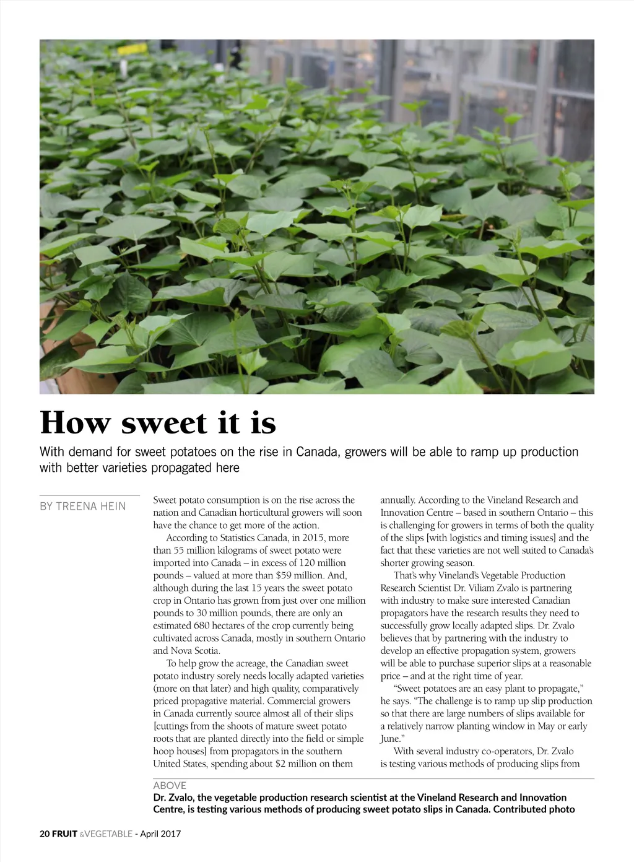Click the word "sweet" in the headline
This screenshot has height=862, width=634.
(163, 424)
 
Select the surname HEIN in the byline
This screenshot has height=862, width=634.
(113, 507)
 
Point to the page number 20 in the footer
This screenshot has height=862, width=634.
(45, 834)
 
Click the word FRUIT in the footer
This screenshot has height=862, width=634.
(65, 834)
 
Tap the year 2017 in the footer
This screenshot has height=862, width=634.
(170, 834)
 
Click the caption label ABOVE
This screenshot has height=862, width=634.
(170, 785)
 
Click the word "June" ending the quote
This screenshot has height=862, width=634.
(390, 739)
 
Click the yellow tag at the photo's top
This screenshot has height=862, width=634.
(124, 48)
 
